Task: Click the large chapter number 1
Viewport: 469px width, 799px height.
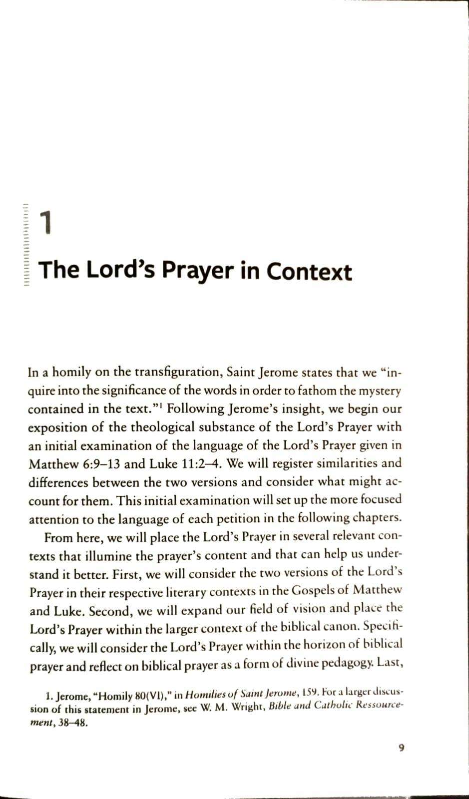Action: pos(45,223)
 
